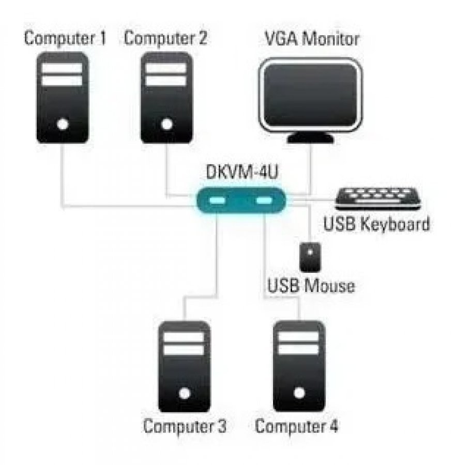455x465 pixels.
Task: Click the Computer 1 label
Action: [x=65, y=39]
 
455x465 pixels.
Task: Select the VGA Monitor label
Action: [x=312, y=39]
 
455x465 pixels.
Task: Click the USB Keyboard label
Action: [x=376, y=225]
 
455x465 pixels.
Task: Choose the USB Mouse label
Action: [x=311, y=285]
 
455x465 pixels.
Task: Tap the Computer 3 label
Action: [x=185, y=427]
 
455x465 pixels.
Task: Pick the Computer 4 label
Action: [x=297, y=427]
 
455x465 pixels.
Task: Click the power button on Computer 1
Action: [x=63, y=125]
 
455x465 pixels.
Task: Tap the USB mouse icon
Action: [x=310, y=256]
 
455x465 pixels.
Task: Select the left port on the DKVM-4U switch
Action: [x=218, y=200]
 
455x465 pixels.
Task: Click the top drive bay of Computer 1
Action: [x=62, y=68]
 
